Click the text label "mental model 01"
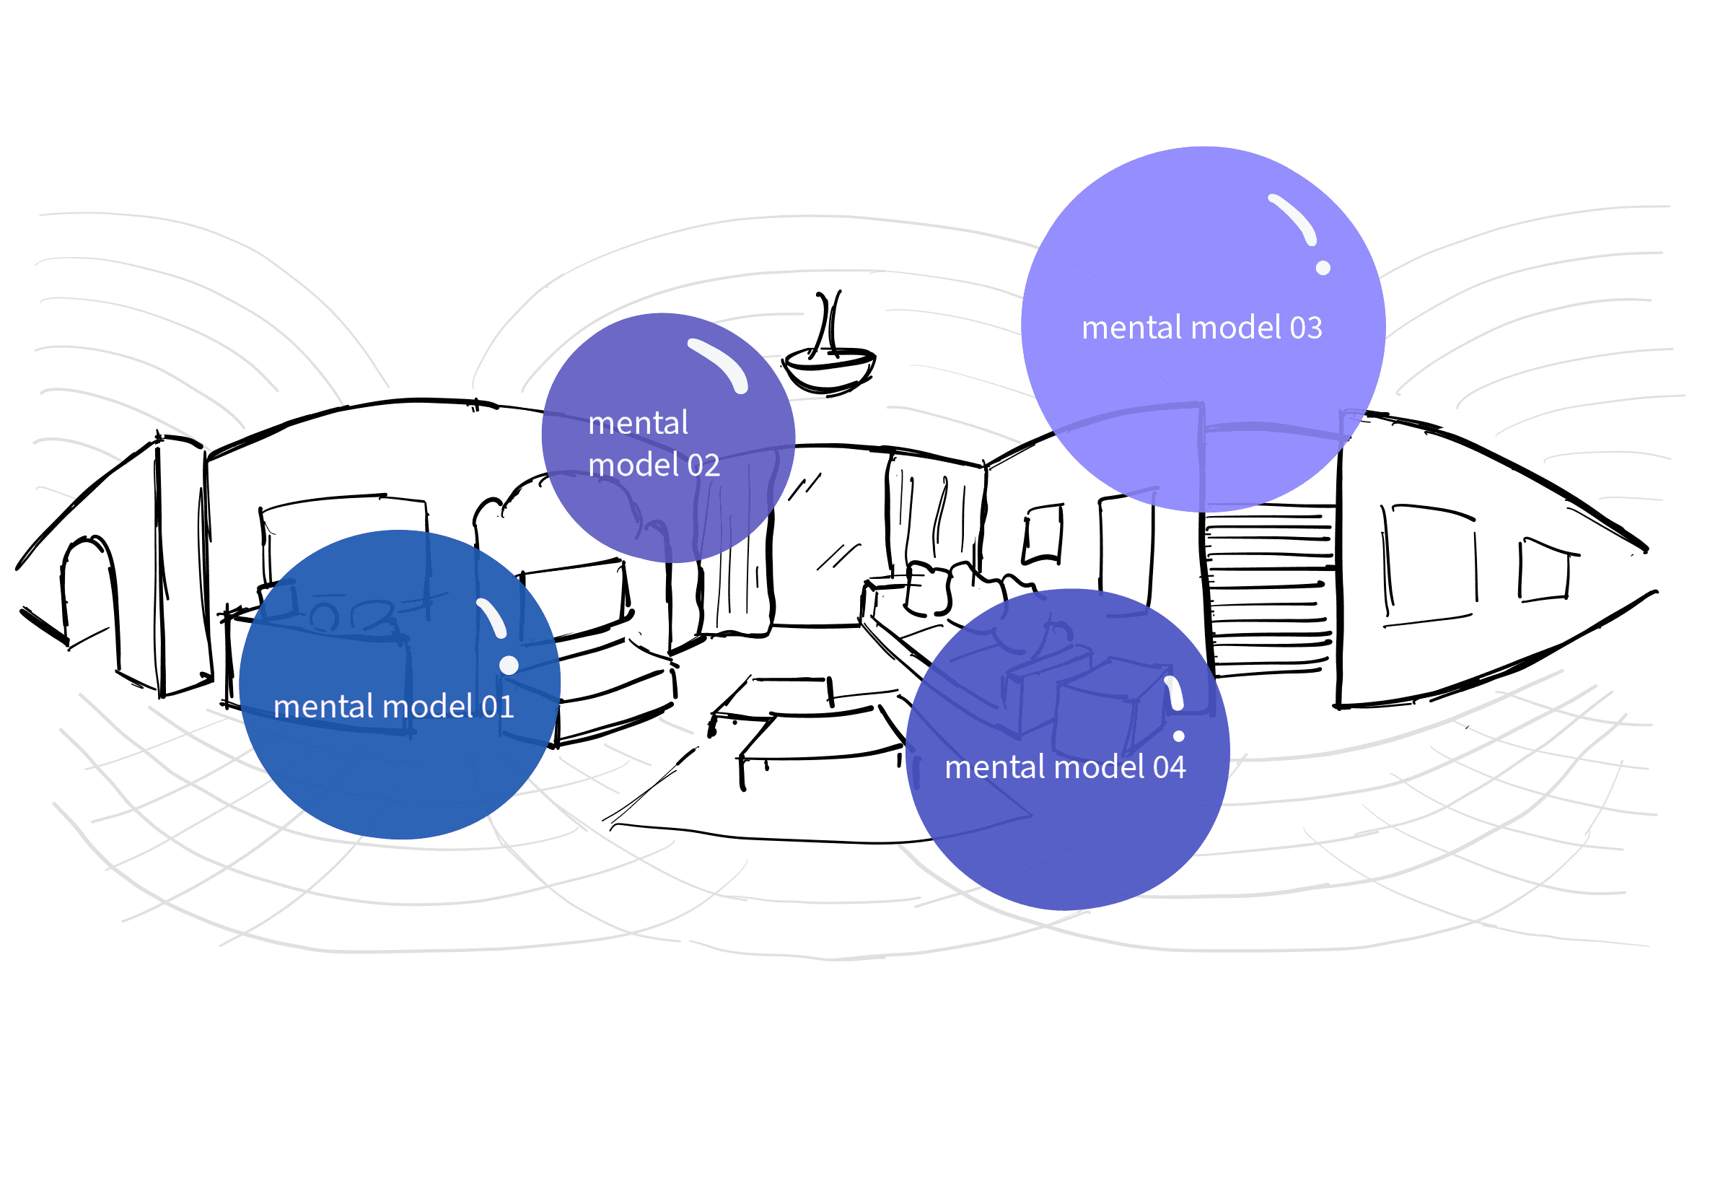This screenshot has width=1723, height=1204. click(393, 707)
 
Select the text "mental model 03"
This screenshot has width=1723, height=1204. click(1201, 328)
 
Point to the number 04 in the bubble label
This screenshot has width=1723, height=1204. click(1169, 768)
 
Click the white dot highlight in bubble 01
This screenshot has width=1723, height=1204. click(509, 665)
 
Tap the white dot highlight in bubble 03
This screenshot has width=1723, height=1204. click(1323, 268)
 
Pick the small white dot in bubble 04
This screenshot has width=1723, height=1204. click(1178, 736)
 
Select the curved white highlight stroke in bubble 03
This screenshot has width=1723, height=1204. click(1294, 217)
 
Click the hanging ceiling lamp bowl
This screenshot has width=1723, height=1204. click(828, 368)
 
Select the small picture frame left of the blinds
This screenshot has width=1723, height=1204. click(1044, 533)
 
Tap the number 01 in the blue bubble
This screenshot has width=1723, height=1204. click(498, 707)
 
